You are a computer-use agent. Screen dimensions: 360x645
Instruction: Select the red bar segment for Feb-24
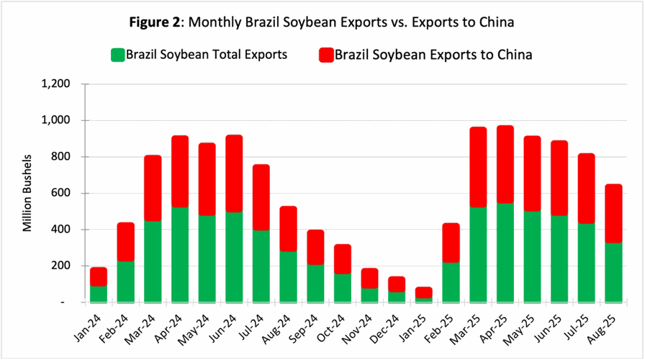[x=126, y=242]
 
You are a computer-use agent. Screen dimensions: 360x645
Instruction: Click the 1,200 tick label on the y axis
[x=55, y=84]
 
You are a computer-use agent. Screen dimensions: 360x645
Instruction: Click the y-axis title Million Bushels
[x=27, y=192]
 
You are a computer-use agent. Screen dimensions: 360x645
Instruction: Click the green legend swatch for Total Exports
[x=117, y=55]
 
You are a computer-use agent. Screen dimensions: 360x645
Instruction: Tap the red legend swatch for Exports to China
[x=326, y=55]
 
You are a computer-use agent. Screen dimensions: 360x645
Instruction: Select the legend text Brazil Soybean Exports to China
[x=433, y=55]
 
